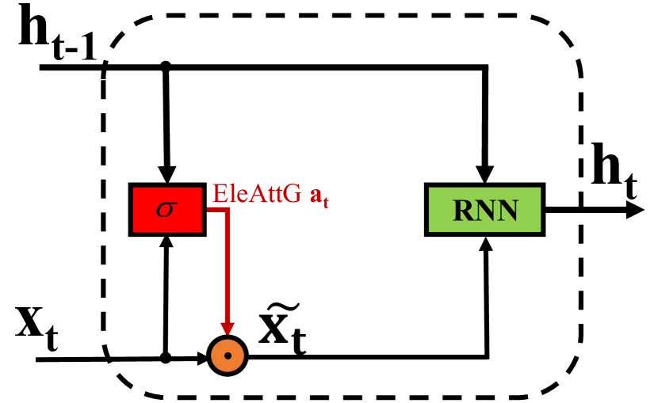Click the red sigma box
[166, 209]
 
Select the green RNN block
[484, 210]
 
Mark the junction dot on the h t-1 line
[166, 67]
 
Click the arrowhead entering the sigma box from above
[166, 175]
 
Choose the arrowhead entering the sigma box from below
[166, 243]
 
